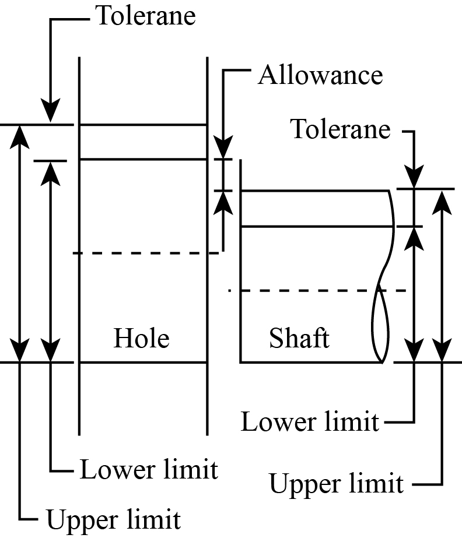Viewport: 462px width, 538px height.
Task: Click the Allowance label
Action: click(320, 76)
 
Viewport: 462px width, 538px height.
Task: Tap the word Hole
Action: click(141, 338)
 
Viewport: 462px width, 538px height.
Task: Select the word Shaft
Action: click(299, 338)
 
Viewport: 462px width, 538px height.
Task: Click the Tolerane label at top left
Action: click(145, 16)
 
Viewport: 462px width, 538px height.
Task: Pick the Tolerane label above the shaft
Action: click(341, 129)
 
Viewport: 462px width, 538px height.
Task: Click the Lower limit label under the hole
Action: click(149, 470)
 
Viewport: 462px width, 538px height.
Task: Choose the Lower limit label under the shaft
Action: click(310, 421)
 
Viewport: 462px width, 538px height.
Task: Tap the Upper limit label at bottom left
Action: click(113, 518)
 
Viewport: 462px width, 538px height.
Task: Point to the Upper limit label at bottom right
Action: click(336, 484)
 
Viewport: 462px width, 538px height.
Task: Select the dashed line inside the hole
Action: click(146, 253)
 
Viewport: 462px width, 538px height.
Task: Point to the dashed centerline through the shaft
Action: click(318, 290)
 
